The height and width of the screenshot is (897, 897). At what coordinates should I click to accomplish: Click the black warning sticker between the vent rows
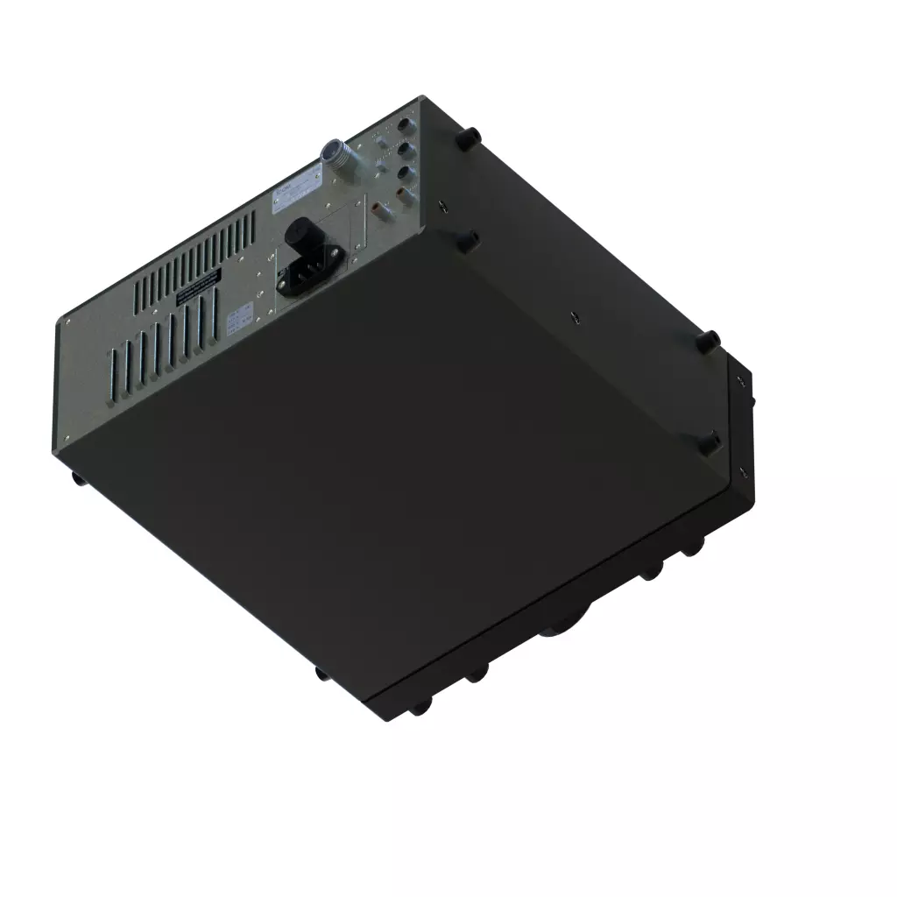coord(199,286)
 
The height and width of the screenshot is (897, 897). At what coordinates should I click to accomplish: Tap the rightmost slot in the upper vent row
coord(253,230)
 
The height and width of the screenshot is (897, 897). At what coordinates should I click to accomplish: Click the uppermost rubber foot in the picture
coord(469,137)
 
